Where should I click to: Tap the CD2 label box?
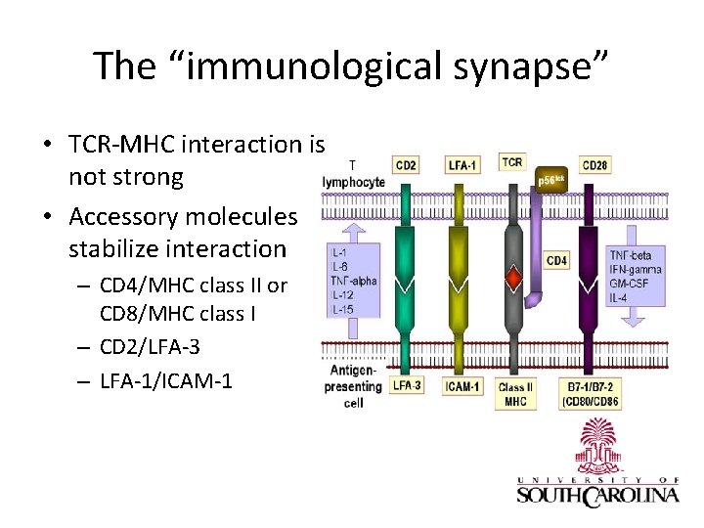406,164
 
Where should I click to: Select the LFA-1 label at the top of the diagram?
462,165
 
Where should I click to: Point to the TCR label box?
511,161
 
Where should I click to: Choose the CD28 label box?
594,164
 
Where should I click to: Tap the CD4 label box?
556,260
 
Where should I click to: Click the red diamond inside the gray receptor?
512,281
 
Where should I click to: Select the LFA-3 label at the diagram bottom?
406,385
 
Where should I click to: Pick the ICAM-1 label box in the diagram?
462,386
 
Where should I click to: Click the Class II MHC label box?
514,393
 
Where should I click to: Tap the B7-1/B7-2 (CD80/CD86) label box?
594,393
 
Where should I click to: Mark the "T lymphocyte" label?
353,175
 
